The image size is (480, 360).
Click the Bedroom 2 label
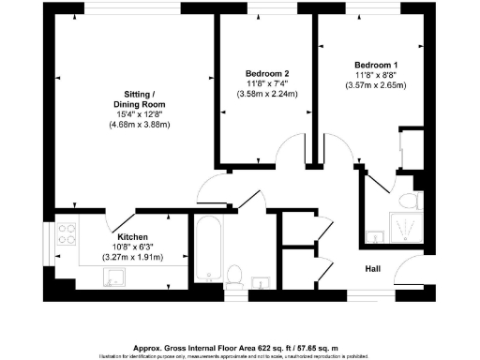coord(266,73)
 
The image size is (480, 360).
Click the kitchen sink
coord(115,276)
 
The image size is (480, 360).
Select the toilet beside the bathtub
coord(236,275)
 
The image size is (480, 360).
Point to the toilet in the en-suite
coord(407,201)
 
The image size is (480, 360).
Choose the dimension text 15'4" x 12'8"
coord(139,114)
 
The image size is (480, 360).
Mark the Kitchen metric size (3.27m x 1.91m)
coord(132,258)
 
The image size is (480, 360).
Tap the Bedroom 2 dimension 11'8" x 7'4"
coord(266,83)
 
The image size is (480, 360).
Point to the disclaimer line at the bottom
coord(240,355)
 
